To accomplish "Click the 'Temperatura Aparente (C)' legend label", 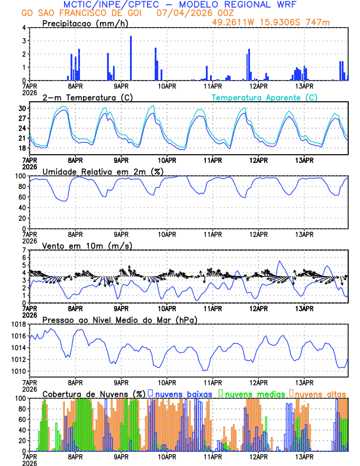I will coord(265,97).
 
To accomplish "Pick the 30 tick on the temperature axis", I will coord(21,109).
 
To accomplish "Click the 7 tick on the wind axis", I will coord(25,250).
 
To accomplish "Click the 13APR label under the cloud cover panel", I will coord(304,457).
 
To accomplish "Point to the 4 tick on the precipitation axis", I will coord(25,28).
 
